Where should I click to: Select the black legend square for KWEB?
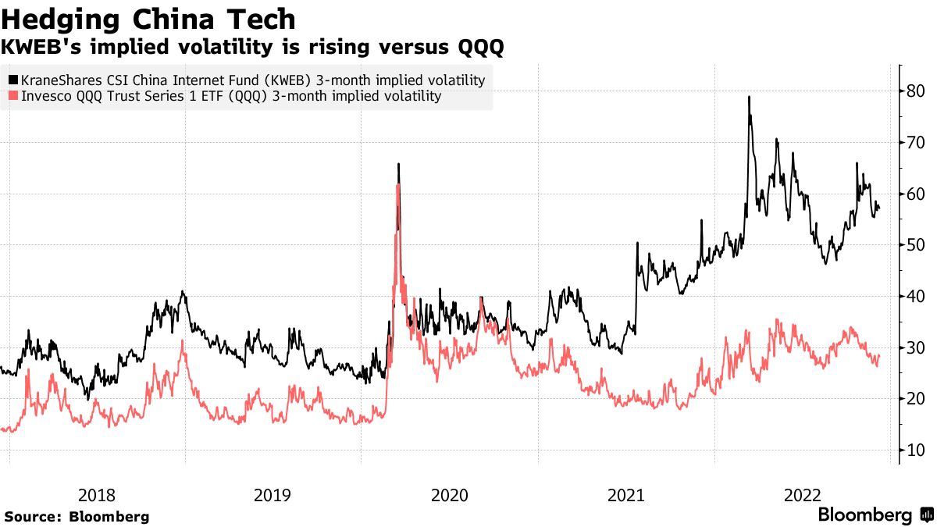(x=12, y=80)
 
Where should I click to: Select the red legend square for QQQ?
(x=12, y=97)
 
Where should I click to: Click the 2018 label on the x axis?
(x=97, y=495)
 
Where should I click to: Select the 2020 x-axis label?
(x=449, y=495)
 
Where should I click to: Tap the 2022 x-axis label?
(x=802, y=495)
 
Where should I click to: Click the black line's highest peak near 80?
(x=749, y=97)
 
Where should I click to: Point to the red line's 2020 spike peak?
(x=398, y=185)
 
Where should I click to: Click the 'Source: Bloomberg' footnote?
(x=77, y=517)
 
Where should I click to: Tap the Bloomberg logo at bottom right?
(x=875, y=515)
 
